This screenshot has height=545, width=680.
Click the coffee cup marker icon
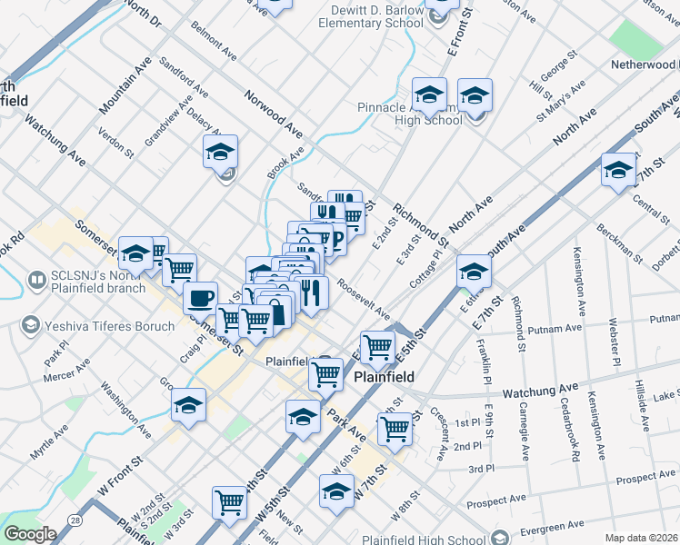coord(200,297)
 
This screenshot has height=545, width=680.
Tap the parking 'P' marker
coord(335,241)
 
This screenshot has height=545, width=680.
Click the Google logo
coord(29,534)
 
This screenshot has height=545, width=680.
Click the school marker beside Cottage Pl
coord(474,271)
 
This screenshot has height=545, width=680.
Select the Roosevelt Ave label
coord(363,298)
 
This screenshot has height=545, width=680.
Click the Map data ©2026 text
coord(640,538)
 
